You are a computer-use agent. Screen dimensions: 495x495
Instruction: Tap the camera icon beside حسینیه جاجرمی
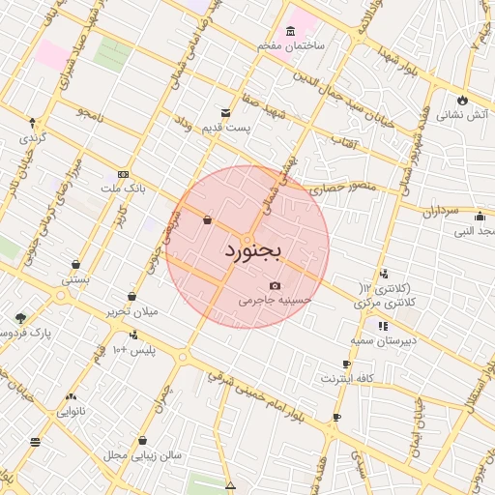[277, 285]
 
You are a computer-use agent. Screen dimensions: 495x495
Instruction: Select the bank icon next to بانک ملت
[122, 173]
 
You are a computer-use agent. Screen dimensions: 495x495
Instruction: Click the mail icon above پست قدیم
[226, 112]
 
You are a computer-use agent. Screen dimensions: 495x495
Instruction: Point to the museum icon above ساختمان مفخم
[292, 30]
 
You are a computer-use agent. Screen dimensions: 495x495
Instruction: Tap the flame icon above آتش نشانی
[462, 100]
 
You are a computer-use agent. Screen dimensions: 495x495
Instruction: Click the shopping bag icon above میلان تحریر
[132, 297]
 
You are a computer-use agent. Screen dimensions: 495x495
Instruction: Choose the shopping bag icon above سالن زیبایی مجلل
[142, 440]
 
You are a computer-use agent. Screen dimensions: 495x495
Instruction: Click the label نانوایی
[72, 411]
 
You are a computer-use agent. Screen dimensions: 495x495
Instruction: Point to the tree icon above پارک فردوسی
[21, 317]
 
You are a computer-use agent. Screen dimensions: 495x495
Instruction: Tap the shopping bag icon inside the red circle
[208, 220]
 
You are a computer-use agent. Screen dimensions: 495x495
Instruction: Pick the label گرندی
[32, 139]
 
